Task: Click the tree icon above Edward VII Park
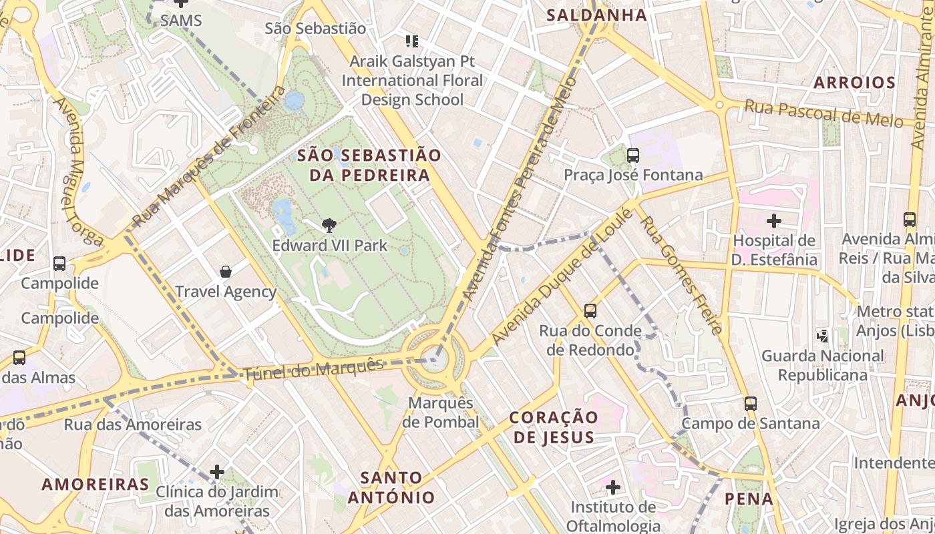(329, 226)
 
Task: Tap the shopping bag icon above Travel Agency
(226, 272)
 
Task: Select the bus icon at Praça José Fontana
(632, 156)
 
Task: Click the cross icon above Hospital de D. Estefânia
(774, 220)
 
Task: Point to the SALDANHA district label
(596, 15)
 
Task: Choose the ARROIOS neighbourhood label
(854, 83)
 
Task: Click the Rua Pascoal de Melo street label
(832, 113)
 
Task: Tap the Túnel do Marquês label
(314, 369)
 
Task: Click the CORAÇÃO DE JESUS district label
(554, 427)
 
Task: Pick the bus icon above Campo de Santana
(751, 404)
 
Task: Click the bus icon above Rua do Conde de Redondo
(590, 310)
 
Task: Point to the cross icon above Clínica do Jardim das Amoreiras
(217, 472)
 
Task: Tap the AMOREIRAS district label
(96, 484)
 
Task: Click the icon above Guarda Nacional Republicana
(822, 336)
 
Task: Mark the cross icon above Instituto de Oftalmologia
(613, 487)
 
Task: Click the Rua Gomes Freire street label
(682, 274)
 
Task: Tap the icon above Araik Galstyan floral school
(412, 41)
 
